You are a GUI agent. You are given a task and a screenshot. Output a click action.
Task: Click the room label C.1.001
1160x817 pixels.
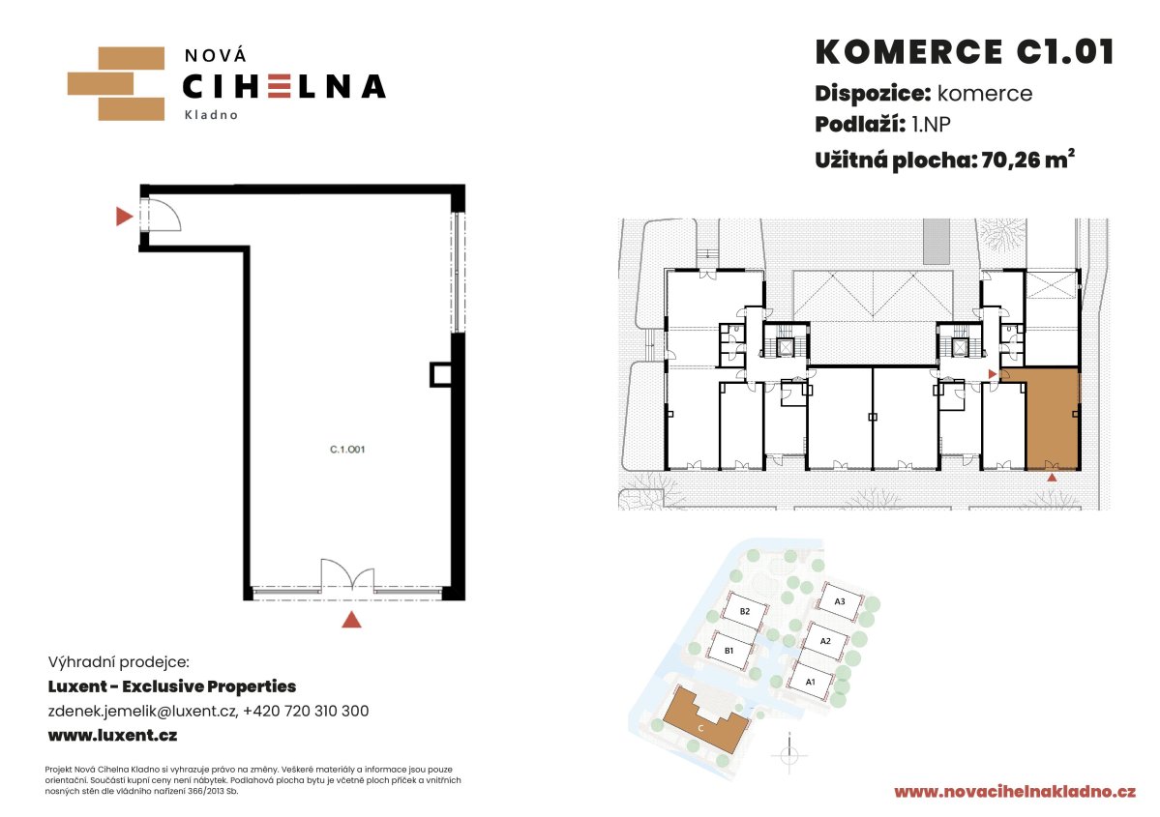tap(347, 449)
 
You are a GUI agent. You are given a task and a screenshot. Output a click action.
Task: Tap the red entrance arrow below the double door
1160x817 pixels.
tap(351, 620)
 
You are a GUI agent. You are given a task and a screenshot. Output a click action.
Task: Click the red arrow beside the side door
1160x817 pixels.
tap(124, 216)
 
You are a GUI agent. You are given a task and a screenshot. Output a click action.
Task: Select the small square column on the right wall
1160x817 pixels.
tap(441, 374)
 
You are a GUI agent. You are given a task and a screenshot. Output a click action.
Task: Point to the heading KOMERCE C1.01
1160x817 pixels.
tap(964, 52)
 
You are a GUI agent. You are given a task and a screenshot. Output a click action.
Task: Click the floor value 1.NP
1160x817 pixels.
tap(931, 124)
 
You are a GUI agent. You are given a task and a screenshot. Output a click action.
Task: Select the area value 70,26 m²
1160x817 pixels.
tap(1027, 160)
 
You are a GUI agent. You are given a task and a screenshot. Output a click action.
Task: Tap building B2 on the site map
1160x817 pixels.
tap(744, 611)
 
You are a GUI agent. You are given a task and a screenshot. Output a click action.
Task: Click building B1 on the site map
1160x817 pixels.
tap(729, 651)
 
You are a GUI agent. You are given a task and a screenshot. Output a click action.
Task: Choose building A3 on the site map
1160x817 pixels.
tap(840, 601)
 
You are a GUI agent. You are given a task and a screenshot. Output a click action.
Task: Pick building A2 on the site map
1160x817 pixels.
tap(825, 641)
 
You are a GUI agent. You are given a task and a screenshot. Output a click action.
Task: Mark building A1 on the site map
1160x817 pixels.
tap(811, 681)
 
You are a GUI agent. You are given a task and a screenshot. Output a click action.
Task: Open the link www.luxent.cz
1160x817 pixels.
tap(112, 735)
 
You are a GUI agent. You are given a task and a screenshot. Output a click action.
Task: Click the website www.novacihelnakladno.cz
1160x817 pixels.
tap(1015, 792)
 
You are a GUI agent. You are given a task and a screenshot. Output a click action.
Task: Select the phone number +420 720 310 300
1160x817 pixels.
tap(306, 711)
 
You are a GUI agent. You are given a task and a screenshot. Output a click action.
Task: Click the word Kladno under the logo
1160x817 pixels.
tap(211, 115)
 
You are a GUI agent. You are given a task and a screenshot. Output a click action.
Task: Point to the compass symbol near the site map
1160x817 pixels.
tap(788, 755)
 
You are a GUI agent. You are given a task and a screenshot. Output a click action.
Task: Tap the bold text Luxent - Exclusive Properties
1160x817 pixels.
tap(171, 686)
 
